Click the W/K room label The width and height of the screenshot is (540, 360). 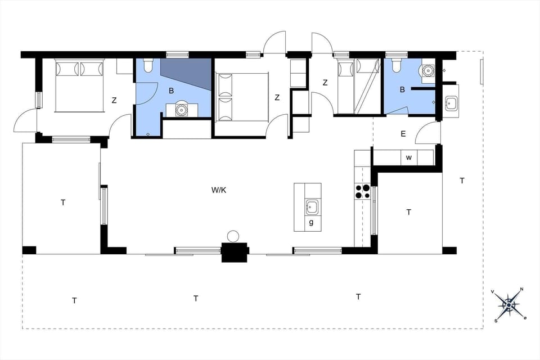click(x=218, y=190)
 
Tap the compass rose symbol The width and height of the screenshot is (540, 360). click(x=509, y=305)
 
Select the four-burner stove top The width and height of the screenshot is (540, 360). click(x=363, y=192)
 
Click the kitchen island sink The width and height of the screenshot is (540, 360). click(x=312, y=208)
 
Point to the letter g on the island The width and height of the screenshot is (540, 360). click(x=311, y=223)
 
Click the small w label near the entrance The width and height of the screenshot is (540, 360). click(x=409, y=157)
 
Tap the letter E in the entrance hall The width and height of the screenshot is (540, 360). click(x=403, y=134)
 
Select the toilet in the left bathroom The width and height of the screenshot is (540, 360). click(x=148, y=66)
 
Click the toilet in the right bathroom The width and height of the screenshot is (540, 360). click(x=396, y=66)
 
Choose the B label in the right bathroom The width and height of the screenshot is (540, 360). click(x=402, y=89)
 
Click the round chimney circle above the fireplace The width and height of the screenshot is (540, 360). click(x=233, y=236)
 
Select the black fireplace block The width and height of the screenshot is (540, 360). click(x=235, y=252)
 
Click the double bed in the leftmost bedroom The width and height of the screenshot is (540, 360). click(x=79, y=84)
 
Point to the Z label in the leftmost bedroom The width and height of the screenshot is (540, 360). click(x=114, y=101)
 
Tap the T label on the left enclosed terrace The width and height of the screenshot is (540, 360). click(x=63, y=202)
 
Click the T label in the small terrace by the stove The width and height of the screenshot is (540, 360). click(x=409, y=212)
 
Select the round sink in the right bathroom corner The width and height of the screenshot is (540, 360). click(x=429, y=71)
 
